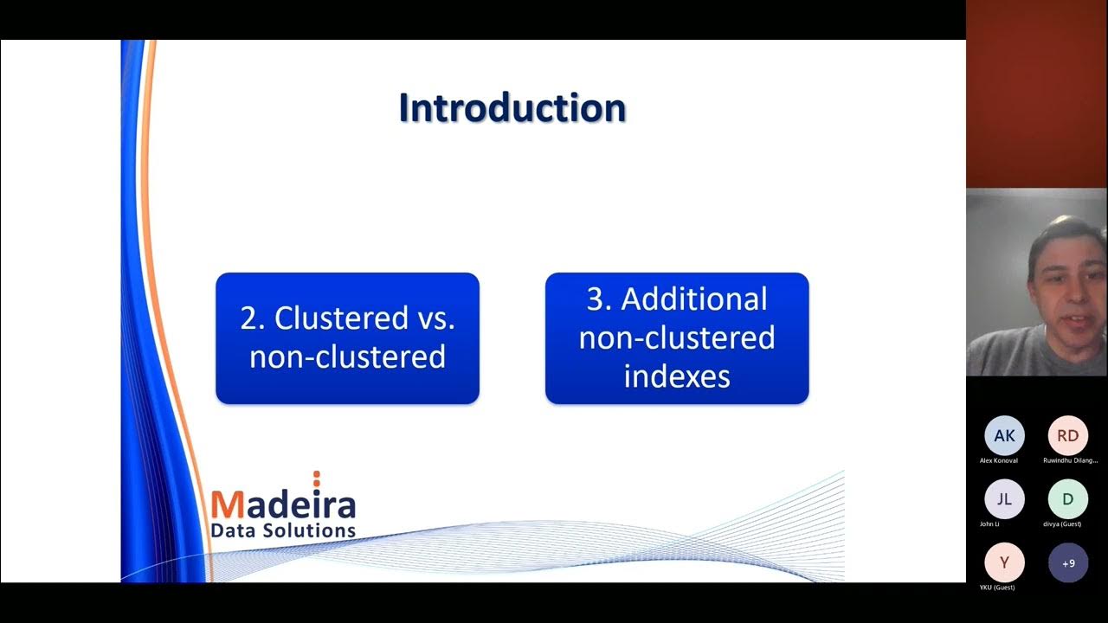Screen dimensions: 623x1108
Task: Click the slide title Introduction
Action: (x=512, y=109)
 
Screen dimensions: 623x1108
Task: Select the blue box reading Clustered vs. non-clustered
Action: (x=347, y=338)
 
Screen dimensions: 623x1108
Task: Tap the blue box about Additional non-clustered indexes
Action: (x=677, y=338)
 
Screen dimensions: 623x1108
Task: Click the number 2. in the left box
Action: (x=253, y=318)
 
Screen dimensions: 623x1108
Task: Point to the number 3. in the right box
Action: (x=599, y=299)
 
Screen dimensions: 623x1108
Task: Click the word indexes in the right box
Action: (x=677, y=376)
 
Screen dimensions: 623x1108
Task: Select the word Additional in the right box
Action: (x=694, y=299)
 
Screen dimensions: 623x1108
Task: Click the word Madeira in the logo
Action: (x=283, y=504)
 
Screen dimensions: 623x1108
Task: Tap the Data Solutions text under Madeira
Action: (x=283, y=530)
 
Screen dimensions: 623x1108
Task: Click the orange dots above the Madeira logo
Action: (x=317, y=478)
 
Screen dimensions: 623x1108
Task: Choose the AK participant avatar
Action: (x=1004, y=436)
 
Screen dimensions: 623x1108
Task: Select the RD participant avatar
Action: (x=1068, y=436)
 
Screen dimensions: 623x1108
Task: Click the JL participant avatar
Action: (x=1004, y=499)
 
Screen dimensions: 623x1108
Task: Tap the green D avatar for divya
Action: (x=1068, y=499)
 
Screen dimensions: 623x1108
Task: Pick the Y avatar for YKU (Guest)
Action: (x=1004, y=562)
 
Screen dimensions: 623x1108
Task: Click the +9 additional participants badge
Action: (x=1068, y=562)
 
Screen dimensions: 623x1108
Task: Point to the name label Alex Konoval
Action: (x=999, y=460)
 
